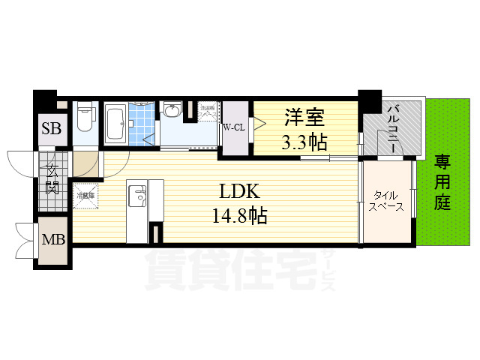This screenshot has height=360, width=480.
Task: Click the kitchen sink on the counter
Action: point(137,196)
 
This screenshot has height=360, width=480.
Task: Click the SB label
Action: point(51,128)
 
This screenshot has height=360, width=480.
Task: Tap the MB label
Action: point(51,241)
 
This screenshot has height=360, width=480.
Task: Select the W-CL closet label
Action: point(233,127)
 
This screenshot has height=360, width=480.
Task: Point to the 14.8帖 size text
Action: point(239,217)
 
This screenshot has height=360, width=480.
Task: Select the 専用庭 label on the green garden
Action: point(442,182)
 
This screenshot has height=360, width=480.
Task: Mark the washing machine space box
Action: point(208,113)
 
